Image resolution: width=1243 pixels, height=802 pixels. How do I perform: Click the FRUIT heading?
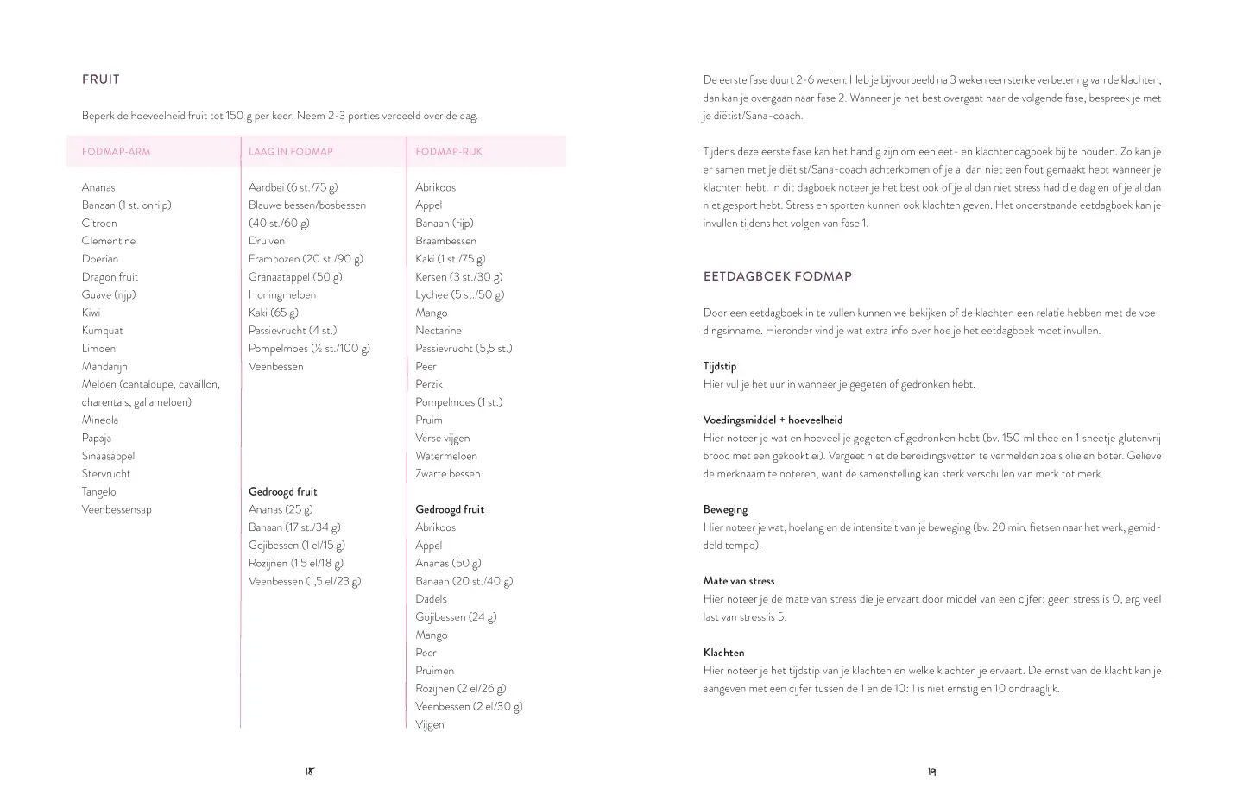pos(101,79)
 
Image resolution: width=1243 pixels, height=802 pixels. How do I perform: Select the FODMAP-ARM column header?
pos(116,152)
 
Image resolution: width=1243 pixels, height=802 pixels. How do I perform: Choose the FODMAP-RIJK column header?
pos(449,152)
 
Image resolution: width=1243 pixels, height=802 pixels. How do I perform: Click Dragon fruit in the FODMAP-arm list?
pos(110,277)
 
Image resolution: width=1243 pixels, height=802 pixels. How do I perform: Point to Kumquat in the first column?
pos(103,331)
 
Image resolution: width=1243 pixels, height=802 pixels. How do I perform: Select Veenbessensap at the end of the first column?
pos(117,510)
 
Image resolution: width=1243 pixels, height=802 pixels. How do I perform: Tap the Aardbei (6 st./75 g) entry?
pos(293,187)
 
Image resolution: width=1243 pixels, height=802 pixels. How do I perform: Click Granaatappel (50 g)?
pos(295,277)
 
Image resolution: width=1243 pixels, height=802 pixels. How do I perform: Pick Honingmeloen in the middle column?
pos(282,295)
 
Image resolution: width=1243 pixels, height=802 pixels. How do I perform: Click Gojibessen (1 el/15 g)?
pos(297,546)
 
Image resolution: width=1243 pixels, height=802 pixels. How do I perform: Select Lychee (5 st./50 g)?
pos(460,295)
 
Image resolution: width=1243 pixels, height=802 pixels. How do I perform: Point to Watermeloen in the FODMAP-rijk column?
pos(446,457)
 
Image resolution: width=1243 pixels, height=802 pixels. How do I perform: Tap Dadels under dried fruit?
pos(432,599)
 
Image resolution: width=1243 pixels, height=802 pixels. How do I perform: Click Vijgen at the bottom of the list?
pos(430,725)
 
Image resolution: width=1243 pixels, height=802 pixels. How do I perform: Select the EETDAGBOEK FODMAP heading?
pos(778,277)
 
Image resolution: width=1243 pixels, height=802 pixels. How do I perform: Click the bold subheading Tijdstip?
pos(720,367)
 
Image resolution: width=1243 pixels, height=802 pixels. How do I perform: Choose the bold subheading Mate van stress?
pos(739,582)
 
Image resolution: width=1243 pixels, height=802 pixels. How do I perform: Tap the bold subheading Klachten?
pos(724,654)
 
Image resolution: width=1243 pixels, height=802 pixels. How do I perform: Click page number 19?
pos(932,773)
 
